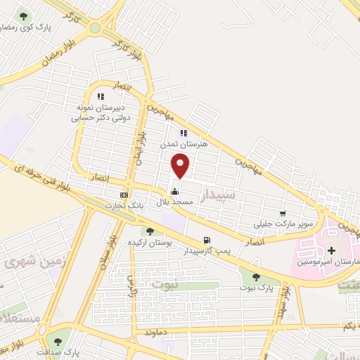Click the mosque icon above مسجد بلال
(x=174, y=191)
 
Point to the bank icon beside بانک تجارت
(x=124, y=195)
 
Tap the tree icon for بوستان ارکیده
(x=149, y=232)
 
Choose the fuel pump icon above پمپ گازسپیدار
(x=207, y=240)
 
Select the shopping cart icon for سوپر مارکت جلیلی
(x=283, y=214)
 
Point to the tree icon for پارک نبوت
(x=256, y=277)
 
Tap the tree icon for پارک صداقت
(x=58, y=342)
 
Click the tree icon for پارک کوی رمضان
(x=24, y=15)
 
